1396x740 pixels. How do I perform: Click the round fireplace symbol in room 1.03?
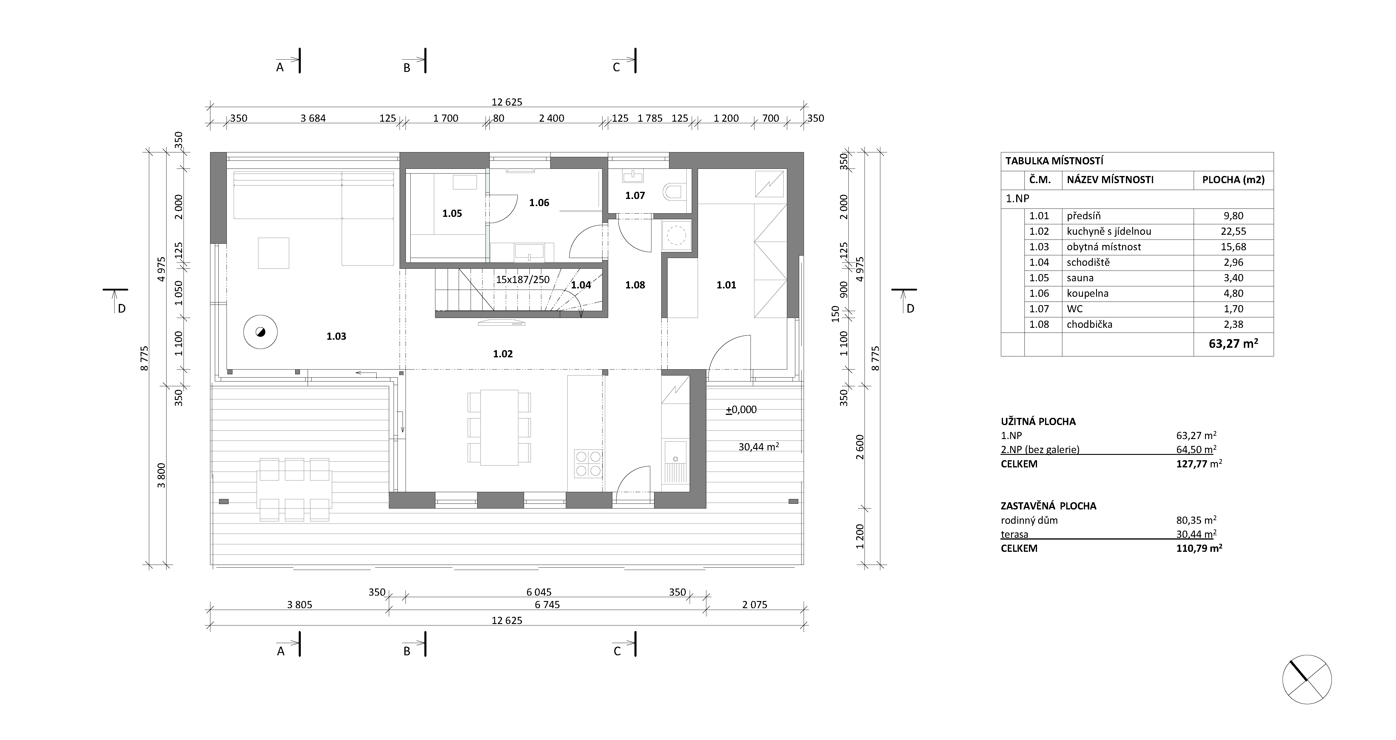pos(260,332)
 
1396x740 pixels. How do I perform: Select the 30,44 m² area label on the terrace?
pos(759,447)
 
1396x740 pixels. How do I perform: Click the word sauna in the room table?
pos(1080,278)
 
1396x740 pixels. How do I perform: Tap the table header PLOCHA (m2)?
pos(1233,180)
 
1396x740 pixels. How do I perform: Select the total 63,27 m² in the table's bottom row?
pos(1233,344)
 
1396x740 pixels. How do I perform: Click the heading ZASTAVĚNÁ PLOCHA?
pos(1048,506)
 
